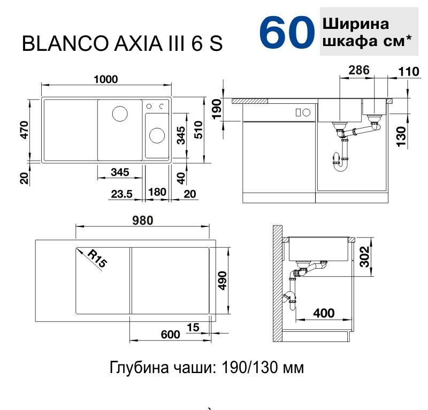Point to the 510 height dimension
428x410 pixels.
coord(198,128)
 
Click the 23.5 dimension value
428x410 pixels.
coord(122,194)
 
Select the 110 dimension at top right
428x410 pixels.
coord(408,71)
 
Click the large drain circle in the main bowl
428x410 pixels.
coord(119,114)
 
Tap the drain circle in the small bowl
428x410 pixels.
coord(157,135)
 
